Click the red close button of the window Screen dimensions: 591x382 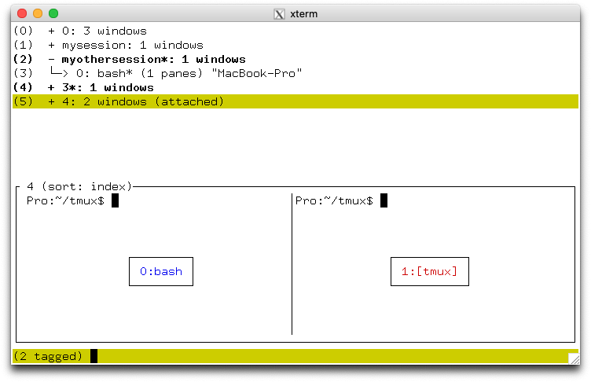[x=22, y=13]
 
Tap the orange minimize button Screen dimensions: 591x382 [x=38, y=13]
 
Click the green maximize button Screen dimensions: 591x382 [x=53, y=13]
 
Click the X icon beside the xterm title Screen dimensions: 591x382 [x=279, y=14]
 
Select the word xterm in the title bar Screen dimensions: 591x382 [x=304, y=14]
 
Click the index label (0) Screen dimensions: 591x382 [x=23, y=31]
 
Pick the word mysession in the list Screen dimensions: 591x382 [x=94, y=46]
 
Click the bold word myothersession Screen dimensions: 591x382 [x=111, y=59]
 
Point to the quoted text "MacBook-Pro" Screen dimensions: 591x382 [x=257, y=73]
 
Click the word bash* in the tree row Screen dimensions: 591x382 [x=115, y=73]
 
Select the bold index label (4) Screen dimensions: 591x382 [x=23, y=87]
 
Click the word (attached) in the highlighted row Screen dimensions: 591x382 [x=189, y=102]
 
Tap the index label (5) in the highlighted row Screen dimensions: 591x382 [x=23, y=102]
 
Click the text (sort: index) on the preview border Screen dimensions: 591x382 [x=86, y=186]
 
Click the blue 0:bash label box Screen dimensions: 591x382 [x=161, y=271]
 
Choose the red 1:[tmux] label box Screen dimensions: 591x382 [x=430, y=271]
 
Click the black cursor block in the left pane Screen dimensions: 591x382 [x=116, y=200]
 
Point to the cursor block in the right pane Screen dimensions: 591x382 [x=384, y=200]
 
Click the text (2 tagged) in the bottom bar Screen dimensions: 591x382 [x=48, y=356]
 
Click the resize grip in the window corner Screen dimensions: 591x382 [x=574, y=358]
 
